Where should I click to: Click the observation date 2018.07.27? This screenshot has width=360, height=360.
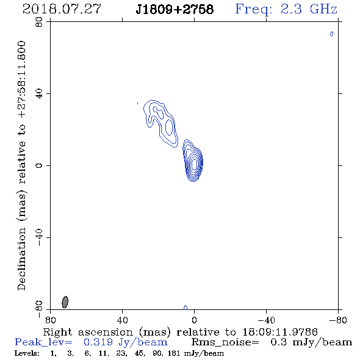pyautogui.click(x=62, y=9)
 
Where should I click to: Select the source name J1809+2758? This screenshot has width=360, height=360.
pyautogui.click(x=175, y=9)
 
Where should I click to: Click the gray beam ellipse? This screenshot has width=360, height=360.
pyautogui.click(x=65, y=302)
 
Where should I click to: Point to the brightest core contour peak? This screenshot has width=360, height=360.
pyautogui.click(x=194, y=164)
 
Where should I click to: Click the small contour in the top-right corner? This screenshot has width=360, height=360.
pyautogui.click(x=331, y=34)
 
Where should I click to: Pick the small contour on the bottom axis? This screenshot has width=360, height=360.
pyautogui.click(x=185, y=308)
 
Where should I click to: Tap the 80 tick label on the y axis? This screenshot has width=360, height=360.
pyautogui.click(x=39, y=22)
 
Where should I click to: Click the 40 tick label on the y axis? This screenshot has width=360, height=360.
pyautogui.click(x=39, y=94)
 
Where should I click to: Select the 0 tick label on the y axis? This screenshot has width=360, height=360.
pyautogui.click(x=39, y=165)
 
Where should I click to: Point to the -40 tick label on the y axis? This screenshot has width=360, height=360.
pyautogui.click(x=39, y=237)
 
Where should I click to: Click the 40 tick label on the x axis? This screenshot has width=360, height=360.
pyautogui.click(x=122, y=320)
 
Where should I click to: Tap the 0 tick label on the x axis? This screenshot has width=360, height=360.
pyautogui.click(x=194, y=320)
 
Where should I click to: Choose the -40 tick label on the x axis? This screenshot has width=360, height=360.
pyautogui.click(x=266, y=320)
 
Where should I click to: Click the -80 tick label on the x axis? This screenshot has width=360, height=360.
pyautogui.click(x=338, y=320)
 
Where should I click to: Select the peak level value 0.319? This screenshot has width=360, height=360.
pyautogui.click(x=98, y=342)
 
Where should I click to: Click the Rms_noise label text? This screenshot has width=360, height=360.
pyautogui.click(x=225, y=342)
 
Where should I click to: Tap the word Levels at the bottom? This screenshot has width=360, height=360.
pyautogui.click(x=27, y=353)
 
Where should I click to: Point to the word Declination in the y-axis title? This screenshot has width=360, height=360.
pyautogui.click(x=21, y=259)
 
